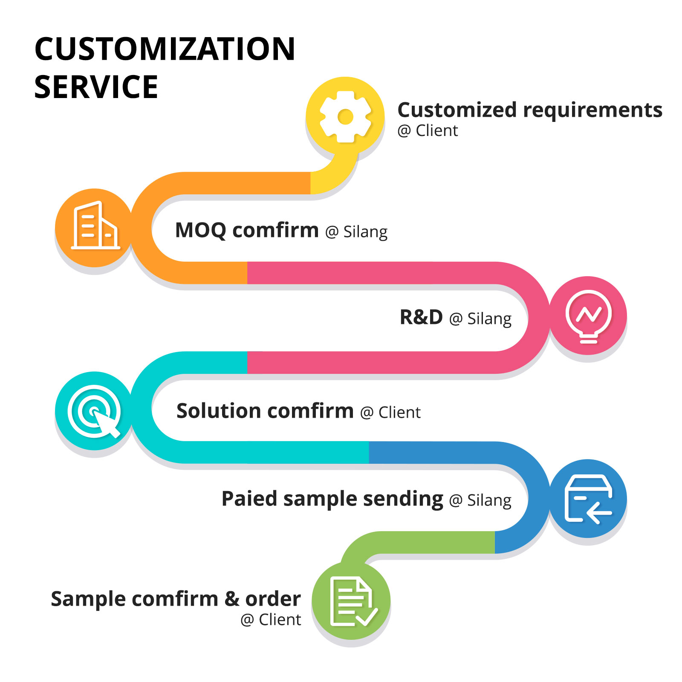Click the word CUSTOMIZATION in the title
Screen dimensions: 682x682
165,49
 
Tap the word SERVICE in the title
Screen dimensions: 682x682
96,87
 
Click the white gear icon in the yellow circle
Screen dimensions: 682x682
345,116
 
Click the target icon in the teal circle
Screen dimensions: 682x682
94,411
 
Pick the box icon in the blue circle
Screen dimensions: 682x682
588,499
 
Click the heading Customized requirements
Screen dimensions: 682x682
530,110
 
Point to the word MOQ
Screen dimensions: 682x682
201,231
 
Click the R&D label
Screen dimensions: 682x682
421,317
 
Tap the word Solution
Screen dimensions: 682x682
218,411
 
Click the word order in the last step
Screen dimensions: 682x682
273,599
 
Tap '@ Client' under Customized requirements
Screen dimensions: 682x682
428,130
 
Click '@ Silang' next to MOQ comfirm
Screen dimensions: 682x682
356,232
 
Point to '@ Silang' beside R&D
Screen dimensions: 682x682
480,319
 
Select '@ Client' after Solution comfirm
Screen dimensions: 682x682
390,413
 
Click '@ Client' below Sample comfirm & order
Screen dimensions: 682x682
271,620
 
